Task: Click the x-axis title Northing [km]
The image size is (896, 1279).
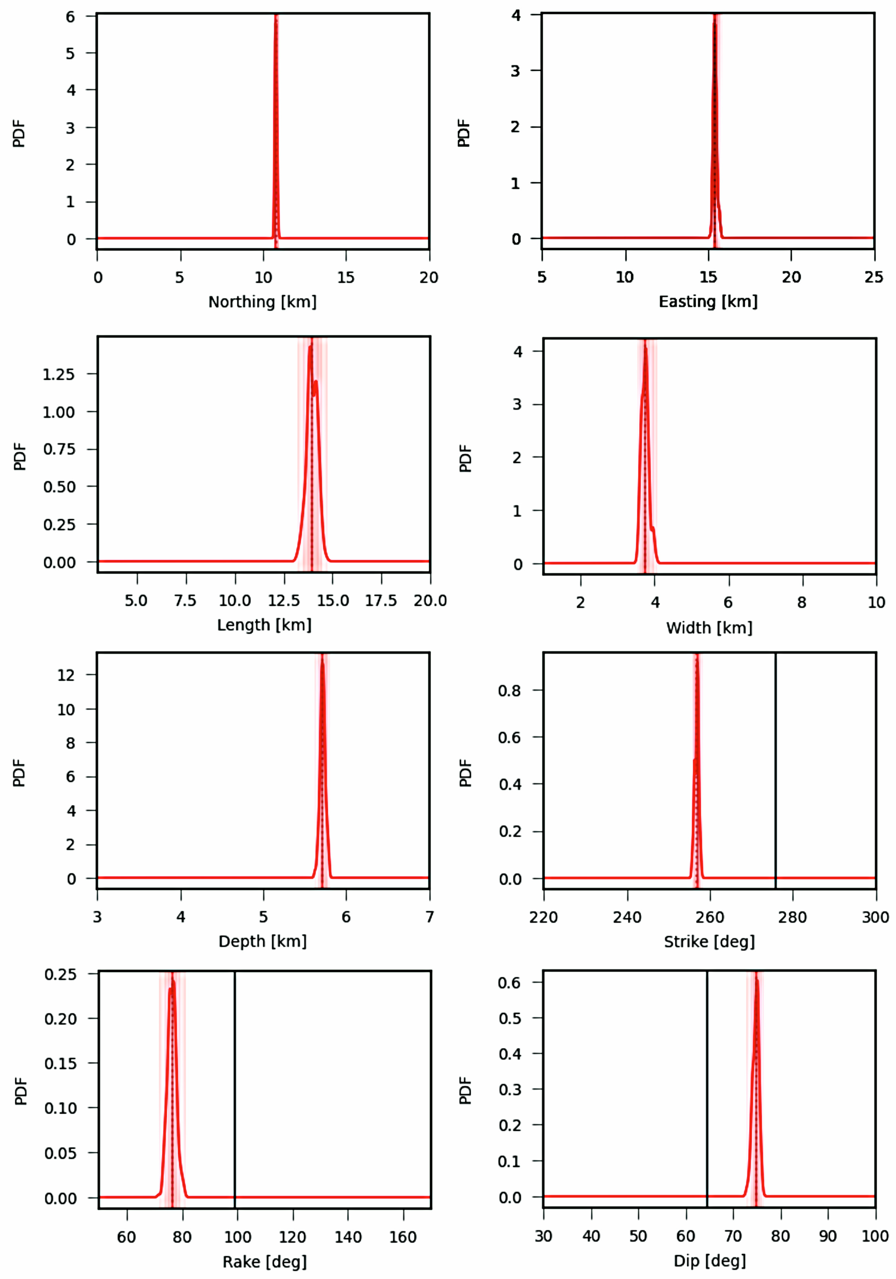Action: coord(262,302)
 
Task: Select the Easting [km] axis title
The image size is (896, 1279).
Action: coord(708,302)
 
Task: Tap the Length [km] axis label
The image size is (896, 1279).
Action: coord(264,625)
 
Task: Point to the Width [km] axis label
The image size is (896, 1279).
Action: coord(709,628)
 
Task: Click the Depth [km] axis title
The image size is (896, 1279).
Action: coord(262,942)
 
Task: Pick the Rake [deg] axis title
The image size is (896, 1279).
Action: coord(265,1262)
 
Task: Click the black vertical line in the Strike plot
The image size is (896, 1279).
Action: coord(775,780)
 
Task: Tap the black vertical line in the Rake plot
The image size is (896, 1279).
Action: coord(234,1092)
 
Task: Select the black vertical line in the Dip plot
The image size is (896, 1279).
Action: coord(707,1092)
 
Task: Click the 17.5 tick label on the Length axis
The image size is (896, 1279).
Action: coord(381,601)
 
